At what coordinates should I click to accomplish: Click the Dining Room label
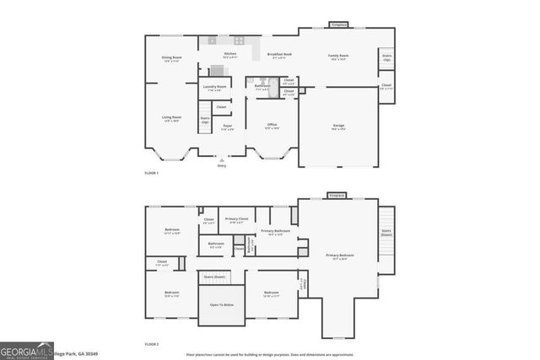tap(171, 57)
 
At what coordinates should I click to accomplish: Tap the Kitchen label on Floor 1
tap(229, 54)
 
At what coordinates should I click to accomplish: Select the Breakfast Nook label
tap(279, 54)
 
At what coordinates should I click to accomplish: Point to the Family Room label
tap(338, 55)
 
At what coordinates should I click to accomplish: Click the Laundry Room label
tap(215, 86)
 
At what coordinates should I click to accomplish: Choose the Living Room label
tap(171, 117)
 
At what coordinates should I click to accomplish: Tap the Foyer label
tap(227, 126)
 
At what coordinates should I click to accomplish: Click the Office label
tap(272, 125)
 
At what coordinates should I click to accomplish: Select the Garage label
tap(337, 126)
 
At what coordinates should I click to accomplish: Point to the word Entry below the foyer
tap(222, 165)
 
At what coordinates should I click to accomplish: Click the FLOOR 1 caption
tap(151, 173)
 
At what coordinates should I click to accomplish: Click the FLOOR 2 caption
tap(151, 344)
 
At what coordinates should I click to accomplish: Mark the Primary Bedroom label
tap(340, 255)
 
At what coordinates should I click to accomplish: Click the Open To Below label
tap(221, 304)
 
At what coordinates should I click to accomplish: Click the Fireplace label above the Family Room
tap(337, 24)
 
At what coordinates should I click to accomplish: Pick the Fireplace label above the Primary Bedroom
tap(337, 194)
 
